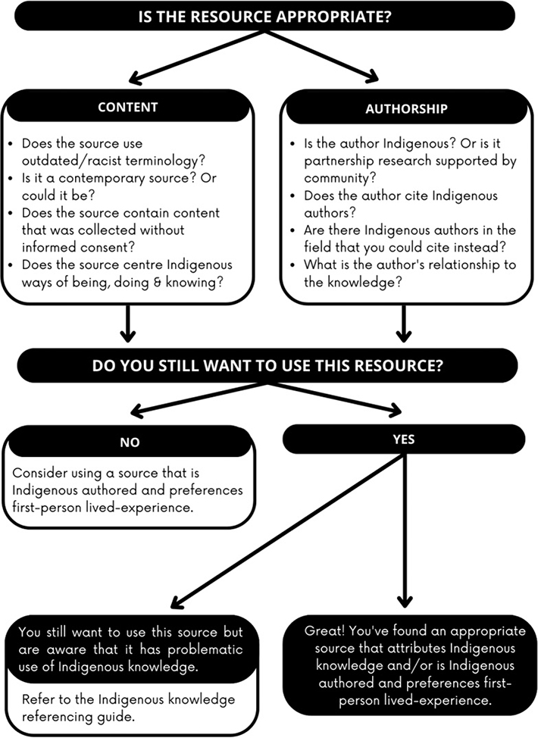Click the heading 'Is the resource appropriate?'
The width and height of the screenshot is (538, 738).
(x=268, y=16)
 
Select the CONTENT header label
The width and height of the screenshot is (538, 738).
(x=127, y=108)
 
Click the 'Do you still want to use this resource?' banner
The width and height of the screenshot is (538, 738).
(x=267, y=365)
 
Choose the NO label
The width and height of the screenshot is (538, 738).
(x=130, y=442)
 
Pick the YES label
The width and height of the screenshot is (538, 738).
(x=405, y=439)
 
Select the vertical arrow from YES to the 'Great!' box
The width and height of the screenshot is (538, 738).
(x=405, y=530)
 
